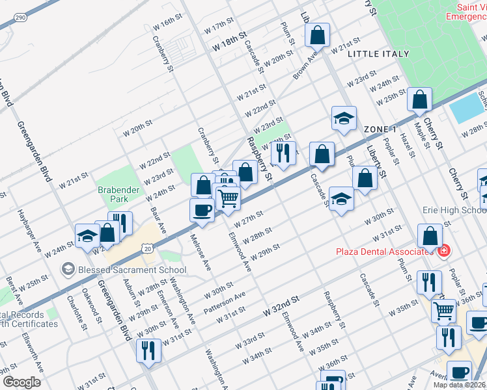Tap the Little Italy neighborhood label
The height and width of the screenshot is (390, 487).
pyautogui.click(x=378, y=54)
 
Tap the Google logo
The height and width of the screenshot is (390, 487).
pyautogui.click(x=21, y=382)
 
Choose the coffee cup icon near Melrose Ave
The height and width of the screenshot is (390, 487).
pyautogui.click(x=202, y=209)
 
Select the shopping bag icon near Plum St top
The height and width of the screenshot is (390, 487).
pyautogui.click(x=317, y=35)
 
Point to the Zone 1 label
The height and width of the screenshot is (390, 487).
pyautogui.click(x=380, y=129)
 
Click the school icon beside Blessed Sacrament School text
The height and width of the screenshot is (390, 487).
pyautogui.click(x=67, y=268)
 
